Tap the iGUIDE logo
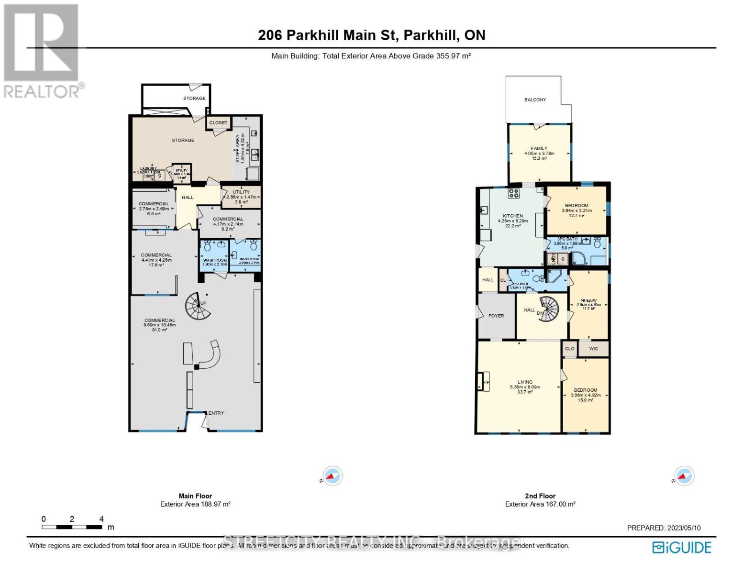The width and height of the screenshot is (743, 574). pyautogui.click(x=682, y=547)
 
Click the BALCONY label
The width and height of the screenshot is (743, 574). pyautogui.click(x=535, y=99)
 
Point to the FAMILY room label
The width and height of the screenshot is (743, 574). pyautogui.click(x=539, y=148)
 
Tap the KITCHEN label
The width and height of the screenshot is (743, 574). pyautogui.click(x=512, y=216)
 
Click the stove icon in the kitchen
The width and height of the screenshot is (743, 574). pyautogui.click(x=514, y=193)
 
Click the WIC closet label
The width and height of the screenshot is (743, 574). pyautogui.click(x=593, y=349)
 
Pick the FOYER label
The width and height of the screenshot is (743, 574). pyautogui.click(x=496, y=316)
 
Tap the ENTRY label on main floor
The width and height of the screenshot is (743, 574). pyautogui.click(x=216, y=413)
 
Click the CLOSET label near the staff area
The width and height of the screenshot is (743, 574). pyautogui.click(x=218, y=123)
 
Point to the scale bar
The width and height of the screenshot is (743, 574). pyautogui.click(x=72, y=527)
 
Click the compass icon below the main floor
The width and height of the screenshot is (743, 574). pyautogui.click(x=332, y=476)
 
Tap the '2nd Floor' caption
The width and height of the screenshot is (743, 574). pyautogui.click(x=540, y=496)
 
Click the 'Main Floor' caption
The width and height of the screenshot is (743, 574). pyautogui.click(x=195, y=496)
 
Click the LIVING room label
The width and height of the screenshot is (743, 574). pyautogui.click(x=525, y=382)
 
